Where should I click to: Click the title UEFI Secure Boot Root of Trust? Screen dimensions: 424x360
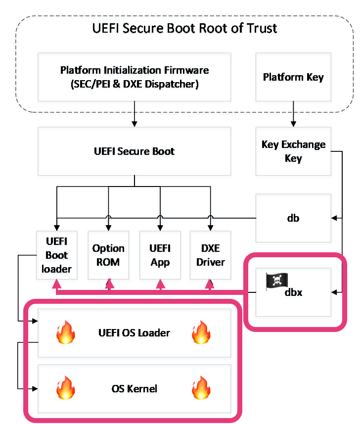click(x=184, y=29)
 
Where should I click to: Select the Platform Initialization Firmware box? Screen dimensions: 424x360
click(x=135, y=78)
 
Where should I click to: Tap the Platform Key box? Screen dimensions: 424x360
click(x=294, y=78)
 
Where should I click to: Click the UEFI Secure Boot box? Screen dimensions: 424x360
click(x=135, y=152)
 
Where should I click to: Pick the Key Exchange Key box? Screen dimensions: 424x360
click(x=294, y=152)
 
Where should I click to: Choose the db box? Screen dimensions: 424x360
click(x=294, y=219)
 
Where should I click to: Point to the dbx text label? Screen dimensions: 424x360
click(x=294, y=292)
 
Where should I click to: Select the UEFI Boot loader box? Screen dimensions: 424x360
click(x=57, y=256)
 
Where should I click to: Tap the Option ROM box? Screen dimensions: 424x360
click(x=109, y=256)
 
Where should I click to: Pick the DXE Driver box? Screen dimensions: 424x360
click(x=211, y=256)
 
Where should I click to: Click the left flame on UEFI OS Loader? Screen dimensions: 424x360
click(x=65, y=332)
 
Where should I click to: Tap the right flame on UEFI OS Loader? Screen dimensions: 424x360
click(x=201, y=332)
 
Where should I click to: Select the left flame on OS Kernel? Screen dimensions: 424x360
click(x=65, y=388)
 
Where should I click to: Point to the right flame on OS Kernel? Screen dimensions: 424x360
click(x=201, y=388)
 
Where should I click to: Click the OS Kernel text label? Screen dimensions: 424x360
click(x=135, y=389)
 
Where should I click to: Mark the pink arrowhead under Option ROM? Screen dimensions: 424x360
click(x=109, y=284)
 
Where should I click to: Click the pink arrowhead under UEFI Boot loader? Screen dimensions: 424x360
click(x=57, y=284)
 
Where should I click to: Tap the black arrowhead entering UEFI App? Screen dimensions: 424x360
click(x=160, y=228)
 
